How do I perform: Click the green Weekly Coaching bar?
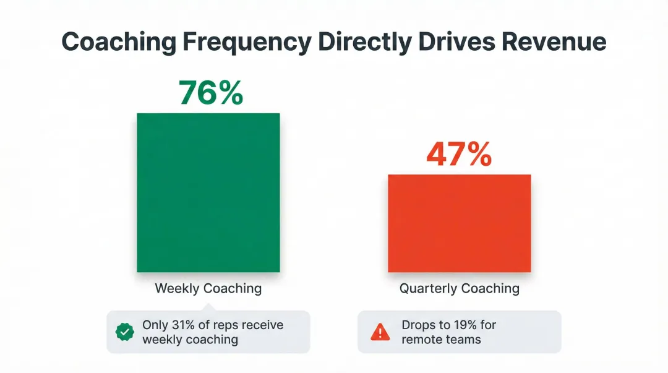click(x=208, y=192)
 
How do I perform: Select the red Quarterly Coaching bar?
click(x=459, y=223)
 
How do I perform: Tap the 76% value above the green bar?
click(x=210, y=92)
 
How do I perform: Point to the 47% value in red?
click(x=459, y=154)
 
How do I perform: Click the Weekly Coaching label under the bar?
click(x=208, y=289)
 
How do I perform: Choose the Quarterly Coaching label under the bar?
click(x=459, y=289)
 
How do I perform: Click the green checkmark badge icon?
click(x=125, y=332)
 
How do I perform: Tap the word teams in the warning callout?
click(x=463, y=340)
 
